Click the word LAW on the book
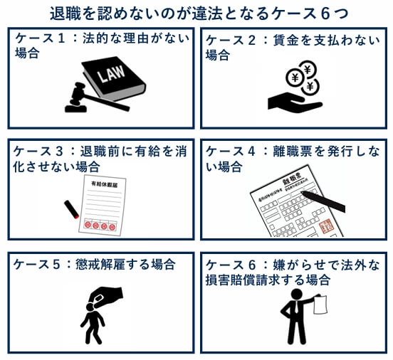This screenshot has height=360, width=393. [113, 74]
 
